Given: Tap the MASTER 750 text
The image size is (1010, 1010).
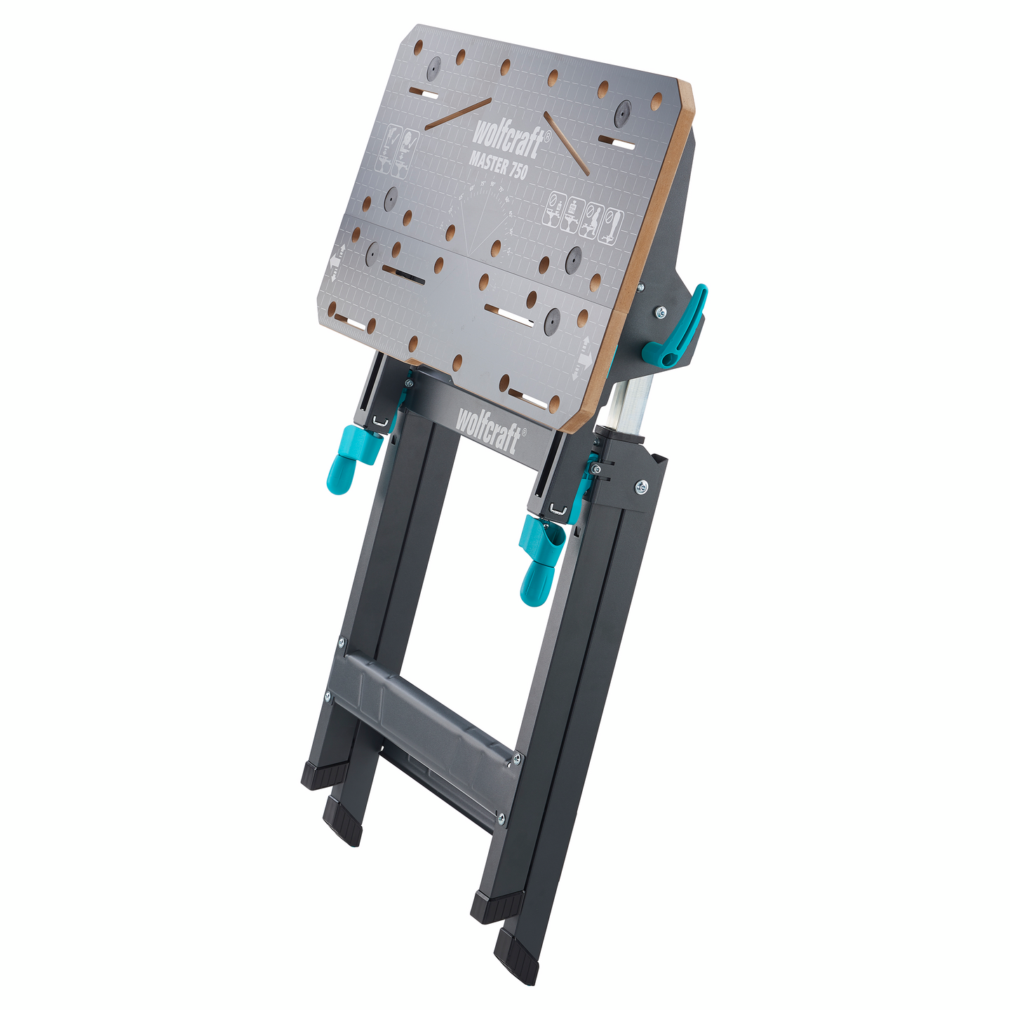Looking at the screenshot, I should tap(498, 166).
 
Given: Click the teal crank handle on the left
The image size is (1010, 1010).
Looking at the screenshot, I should tap(351, 456).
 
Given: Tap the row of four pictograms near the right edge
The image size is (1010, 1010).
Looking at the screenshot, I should tap(583, 217).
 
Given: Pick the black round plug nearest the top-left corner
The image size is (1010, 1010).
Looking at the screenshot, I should tap(434, 68).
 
